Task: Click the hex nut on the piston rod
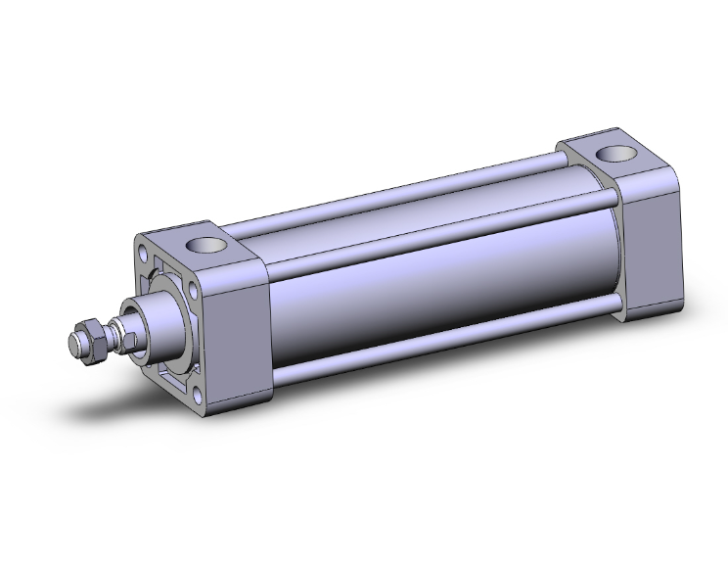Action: (89, 338)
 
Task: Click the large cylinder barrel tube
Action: (431, 284)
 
